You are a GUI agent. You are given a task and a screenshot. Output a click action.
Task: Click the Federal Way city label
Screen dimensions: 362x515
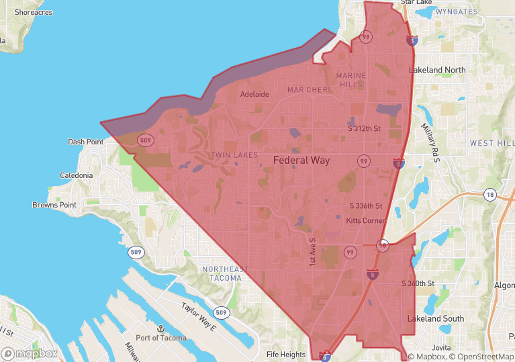pos(301,161)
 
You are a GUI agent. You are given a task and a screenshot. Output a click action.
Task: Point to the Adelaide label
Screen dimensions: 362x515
pos(254,94)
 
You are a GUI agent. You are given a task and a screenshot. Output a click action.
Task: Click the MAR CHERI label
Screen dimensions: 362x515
pos(308,89)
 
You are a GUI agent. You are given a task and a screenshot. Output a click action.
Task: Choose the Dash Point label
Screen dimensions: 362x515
pos(86,142)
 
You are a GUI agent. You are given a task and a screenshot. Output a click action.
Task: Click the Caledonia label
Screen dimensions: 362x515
pos(76,175)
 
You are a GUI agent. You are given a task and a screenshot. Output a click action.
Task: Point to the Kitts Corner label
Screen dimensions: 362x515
pos(365,221)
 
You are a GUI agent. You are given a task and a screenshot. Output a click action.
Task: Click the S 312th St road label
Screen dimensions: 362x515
pos(364,128)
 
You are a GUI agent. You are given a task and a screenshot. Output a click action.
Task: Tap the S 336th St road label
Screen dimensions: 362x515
pos(366,206)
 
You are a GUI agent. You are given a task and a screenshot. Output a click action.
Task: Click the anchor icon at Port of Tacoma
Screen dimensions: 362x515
pos(160,328)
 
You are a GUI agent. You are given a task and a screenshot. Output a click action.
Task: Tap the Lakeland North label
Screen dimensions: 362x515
pos(437,70)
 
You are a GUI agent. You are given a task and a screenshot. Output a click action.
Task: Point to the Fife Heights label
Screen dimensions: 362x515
pos(285,354)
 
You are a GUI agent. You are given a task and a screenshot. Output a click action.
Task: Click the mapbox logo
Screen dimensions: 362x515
pos(30,353)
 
